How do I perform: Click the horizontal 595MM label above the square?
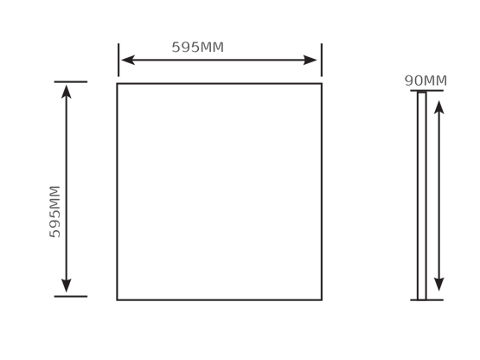click(x=198, y=48)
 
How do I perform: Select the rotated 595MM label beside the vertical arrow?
click(x=55, y=212)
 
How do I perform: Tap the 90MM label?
click(x=426, y=80)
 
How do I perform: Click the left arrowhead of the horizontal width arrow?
click(x=128, y=60)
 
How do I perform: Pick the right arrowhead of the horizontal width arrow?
click(x=310, y=60)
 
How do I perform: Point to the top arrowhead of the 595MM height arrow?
click(x=67, y=92)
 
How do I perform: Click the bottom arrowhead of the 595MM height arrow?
click(x=67, y=286)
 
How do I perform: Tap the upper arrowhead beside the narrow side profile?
click(x=439, y=107)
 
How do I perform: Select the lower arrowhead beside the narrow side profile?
click(x=439, y=285)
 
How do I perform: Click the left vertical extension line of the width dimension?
click(x=118, y=60)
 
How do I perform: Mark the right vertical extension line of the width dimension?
click(x=322, y=60)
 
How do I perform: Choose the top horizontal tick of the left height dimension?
click(x=71, y=82)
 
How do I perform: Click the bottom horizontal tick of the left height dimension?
click(x=71, y=296)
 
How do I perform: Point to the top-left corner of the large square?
click(x=117, y=83)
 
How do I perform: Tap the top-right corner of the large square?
click(x=322, y=83)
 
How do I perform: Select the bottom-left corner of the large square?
click(x=117, y=300)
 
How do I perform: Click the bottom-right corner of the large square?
click(x=322, y=300)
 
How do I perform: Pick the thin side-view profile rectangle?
click(x=418, y=196)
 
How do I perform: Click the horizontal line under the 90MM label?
click(x=426, y=90)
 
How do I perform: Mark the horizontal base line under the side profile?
click(x=426, y=300)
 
